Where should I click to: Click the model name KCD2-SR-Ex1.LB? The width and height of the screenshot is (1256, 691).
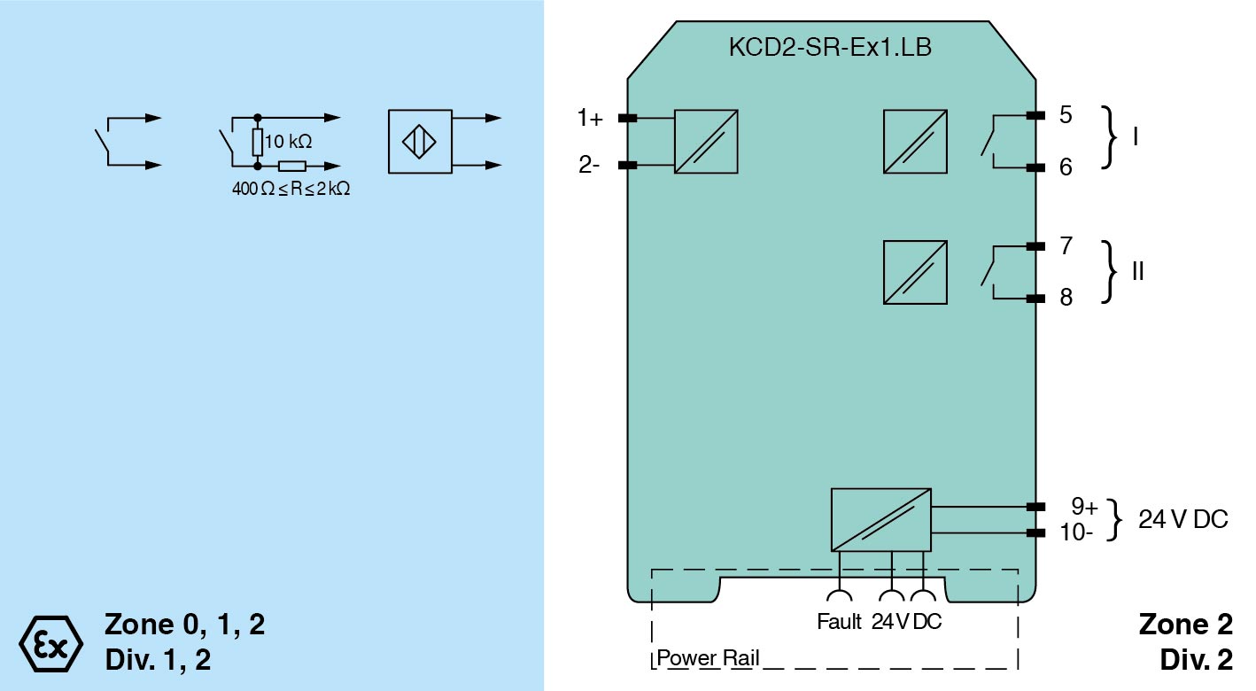point(829,48)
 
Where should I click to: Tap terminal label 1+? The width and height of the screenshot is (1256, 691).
point(590,118)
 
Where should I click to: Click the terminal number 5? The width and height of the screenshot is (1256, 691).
point(1065,115)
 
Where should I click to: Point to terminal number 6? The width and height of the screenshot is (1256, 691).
point(1065,167)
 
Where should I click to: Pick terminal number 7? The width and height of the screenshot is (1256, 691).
point(1066,245)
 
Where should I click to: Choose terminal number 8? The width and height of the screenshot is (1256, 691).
point(1066,298)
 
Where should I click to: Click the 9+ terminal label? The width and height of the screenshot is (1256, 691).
point(1083,507)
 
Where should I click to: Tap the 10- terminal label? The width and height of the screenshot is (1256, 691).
point(1076,533)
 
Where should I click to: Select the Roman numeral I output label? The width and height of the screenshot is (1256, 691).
point(1136,137)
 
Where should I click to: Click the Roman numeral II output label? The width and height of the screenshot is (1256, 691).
point(1138,271)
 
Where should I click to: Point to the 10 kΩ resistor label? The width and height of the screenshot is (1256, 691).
point(288,142)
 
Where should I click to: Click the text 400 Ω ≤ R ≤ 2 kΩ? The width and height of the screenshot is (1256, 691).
point(291,189)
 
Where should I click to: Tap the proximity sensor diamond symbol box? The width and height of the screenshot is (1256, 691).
point(419,142)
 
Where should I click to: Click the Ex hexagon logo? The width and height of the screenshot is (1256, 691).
point(50,641)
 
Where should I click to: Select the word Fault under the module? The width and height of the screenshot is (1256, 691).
point(839,622)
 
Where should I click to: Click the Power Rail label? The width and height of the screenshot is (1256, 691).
point(708,659)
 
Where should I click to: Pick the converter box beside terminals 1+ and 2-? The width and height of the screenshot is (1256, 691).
point(706,141)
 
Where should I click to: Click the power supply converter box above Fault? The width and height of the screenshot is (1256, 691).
point(880,519)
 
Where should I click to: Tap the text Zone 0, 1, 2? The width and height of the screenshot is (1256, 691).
point(184,625)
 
